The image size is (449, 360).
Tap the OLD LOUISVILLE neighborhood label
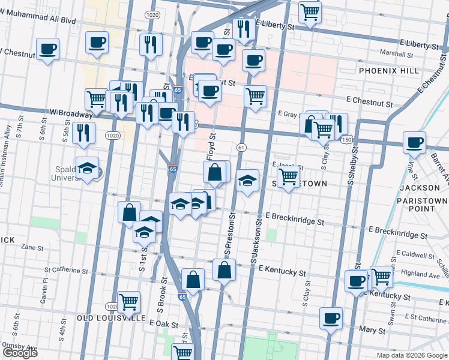[111, 317]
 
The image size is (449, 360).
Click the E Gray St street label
[288, 113]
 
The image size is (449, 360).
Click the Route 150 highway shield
[348, 139]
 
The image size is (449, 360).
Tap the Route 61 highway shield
[241, 147]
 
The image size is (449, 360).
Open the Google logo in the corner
[19, 353]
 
